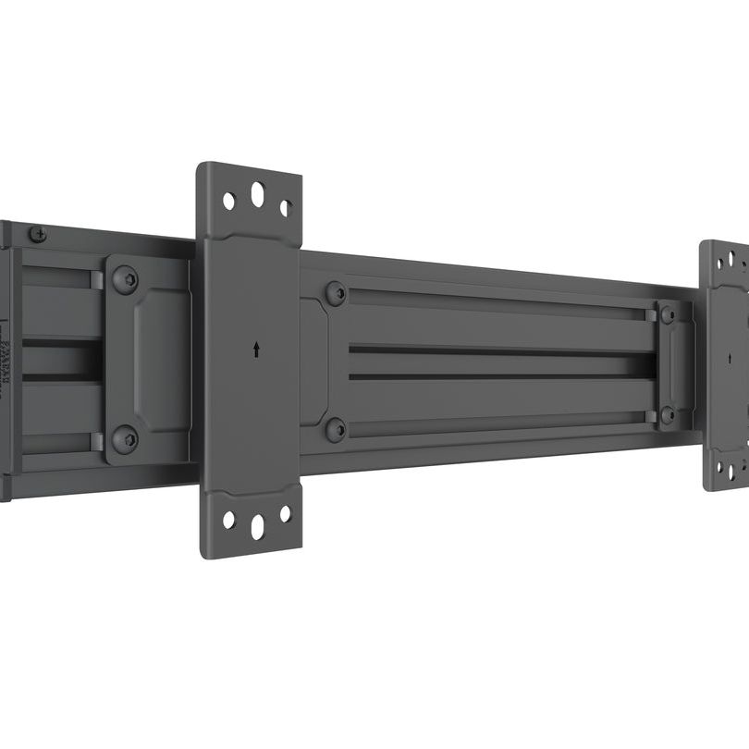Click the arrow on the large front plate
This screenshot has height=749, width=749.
click(256, 350)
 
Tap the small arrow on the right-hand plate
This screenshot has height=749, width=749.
click(730, 358)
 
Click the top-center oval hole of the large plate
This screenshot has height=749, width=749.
click(257, 195)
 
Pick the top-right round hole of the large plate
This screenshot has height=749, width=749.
click(286, 208)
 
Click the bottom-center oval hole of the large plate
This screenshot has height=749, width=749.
click(257, 525)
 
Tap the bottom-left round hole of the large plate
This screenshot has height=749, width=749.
click(228, 520)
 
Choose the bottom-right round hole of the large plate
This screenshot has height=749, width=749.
click(285, 513)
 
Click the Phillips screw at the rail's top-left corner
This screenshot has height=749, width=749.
click(37, 234)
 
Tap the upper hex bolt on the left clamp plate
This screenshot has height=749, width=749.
click(125, 279)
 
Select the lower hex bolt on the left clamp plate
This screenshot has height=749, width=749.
click(125, 438)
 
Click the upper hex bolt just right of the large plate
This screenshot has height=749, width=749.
click(336, 294)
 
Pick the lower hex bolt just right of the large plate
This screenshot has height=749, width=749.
click(336, 429)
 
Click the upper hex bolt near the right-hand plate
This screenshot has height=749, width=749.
click(668, 315)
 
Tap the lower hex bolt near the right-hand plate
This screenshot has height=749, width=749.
click(668, 415)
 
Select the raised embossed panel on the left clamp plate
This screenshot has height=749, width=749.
click(162, 356)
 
